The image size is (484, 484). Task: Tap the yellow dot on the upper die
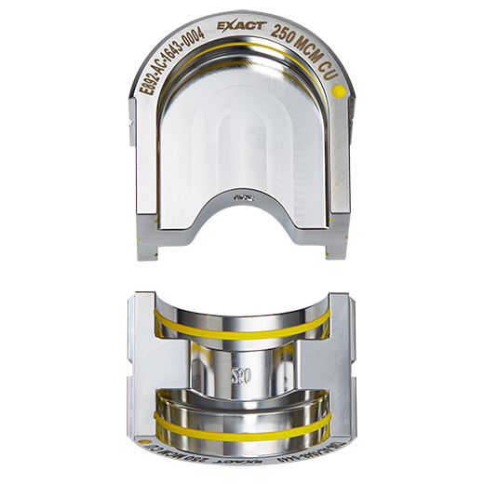(340, 92)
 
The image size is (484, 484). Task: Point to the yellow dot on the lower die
(146, 437)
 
